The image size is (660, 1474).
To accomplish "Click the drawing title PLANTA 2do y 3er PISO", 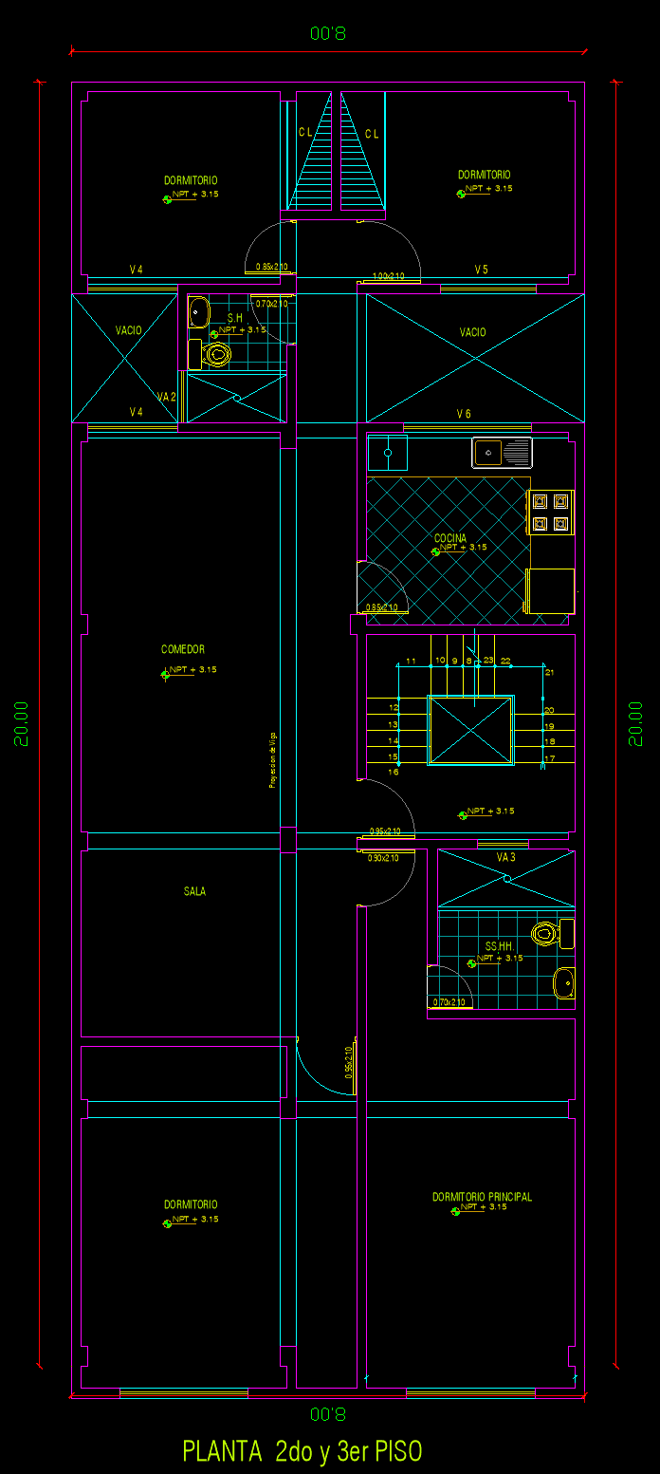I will [x=302, y=1451].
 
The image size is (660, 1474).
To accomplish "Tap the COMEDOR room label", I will [x=183, y=650].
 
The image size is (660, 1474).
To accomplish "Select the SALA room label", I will [x=194, y=891].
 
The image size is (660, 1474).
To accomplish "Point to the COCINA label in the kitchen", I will [x=450, y=538].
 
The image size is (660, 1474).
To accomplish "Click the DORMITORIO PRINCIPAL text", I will [x=482, y=1197].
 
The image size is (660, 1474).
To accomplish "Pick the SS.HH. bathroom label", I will [x=499, y=947].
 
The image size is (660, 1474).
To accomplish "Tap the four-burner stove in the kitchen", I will [x=550, y=513].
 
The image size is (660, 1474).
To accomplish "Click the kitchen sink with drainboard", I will [x=502, y=452].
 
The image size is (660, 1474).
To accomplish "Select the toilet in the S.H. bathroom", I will [x=216, y=355].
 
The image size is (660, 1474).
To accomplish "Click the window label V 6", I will [x=464, y=414].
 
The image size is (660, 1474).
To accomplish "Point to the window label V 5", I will [x=482, y=270].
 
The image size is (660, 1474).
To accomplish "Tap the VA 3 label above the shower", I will [x=505, y=857].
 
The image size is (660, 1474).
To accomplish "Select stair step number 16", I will [x=393, y=772].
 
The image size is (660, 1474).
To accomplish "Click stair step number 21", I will [x=549, y=672].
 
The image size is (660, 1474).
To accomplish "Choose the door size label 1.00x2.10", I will [x=389, y=276].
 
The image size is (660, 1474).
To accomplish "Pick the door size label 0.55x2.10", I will [x=349, y=1062].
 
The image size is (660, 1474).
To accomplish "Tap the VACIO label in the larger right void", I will [x=472, y=332].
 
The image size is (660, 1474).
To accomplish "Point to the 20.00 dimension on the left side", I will [x=21, y=723].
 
